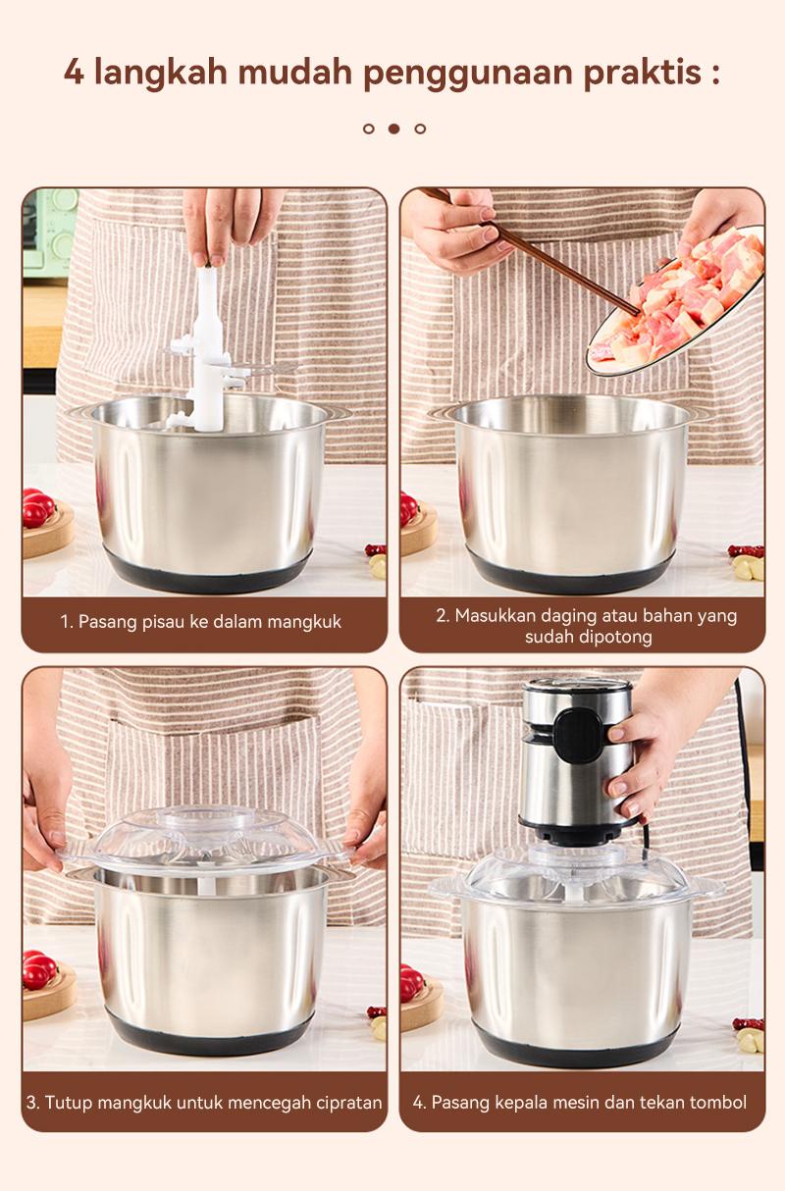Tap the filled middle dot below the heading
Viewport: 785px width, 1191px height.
point(393,129)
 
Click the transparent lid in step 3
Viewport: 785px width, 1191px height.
point(201,839)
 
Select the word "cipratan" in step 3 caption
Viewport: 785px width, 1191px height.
point(347,1102)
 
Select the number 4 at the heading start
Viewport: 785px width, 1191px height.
point(74,73)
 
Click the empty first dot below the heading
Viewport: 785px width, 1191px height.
point(369,129)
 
